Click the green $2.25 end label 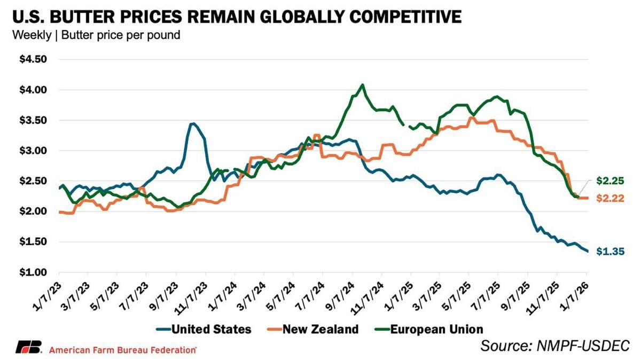click(609, 181)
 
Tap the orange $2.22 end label click(609, 199)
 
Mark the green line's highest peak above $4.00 click(363, 84)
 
